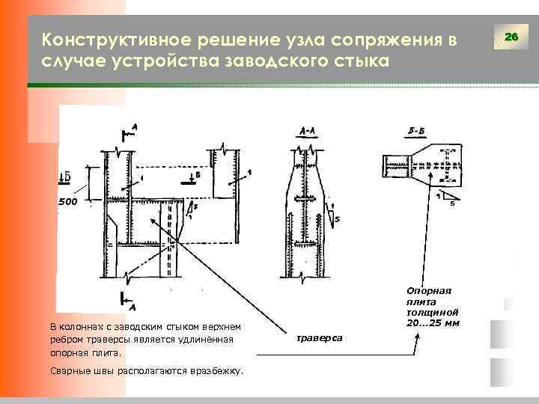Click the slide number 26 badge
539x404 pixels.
511,37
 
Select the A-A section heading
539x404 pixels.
307,131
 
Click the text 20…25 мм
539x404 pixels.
432,322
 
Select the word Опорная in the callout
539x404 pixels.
429,290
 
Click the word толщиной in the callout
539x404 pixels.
432,311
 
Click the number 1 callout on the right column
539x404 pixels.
249,173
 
